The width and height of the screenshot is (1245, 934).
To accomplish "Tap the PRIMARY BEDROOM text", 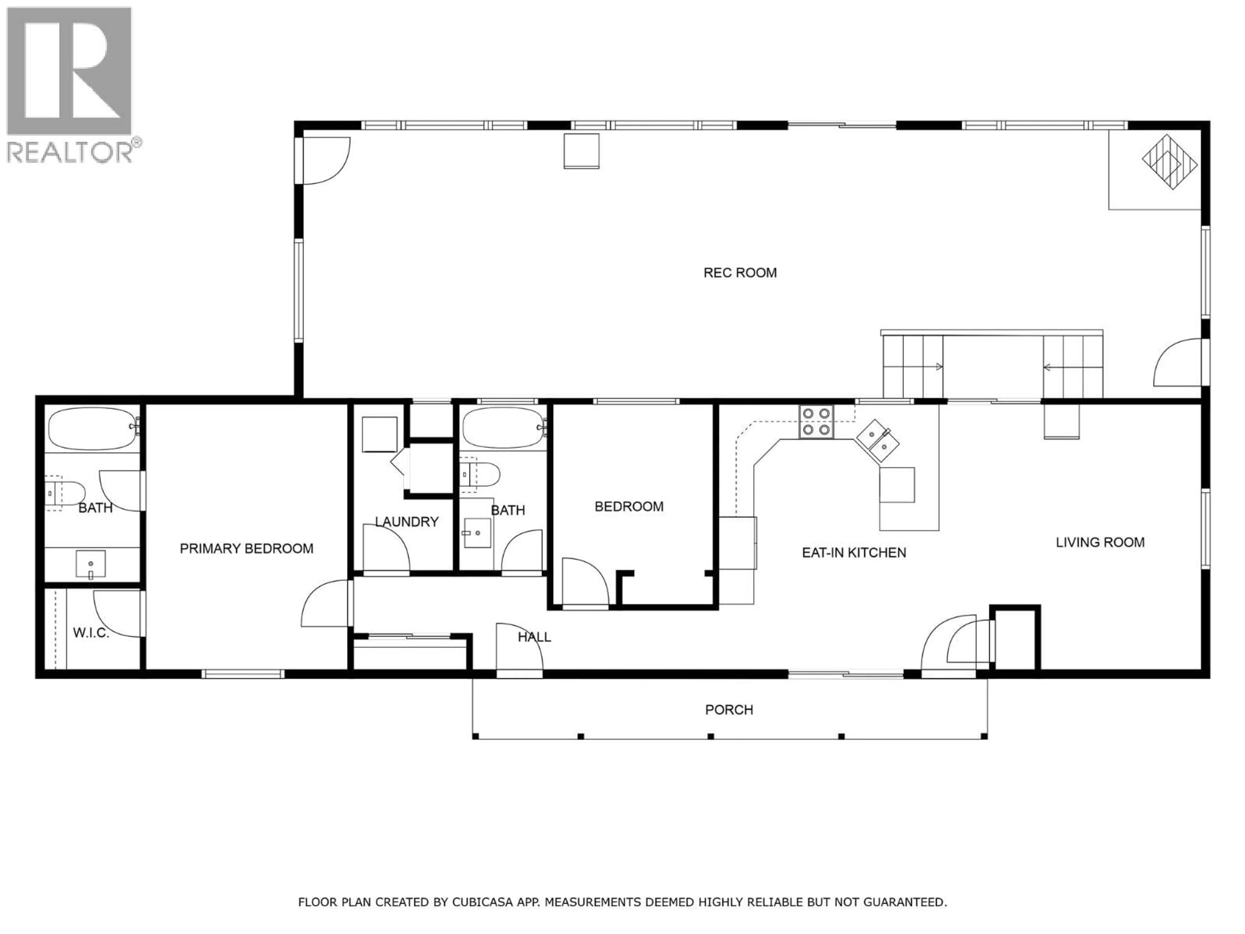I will click(246, 548).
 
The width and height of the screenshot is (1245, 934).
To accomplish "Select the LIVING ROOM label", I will click(1100, 543).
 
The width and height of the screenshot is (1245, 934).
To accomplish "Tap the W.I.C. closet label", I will click(90, 633).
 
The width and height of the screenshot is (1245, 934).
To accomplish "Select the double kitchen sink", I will click(877, 441).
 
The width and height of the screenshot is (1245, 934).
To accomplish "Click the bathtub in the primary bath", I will click(93, 429).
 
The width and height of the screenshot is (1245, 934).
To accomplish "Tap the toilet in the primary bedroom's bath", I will click(65, 493).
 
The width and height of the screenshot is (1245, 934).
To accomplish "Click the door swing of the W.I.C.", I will click(117, 614).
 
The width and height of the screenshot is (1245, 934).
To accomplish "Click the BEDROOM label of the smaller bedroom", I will click(629, 507).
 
